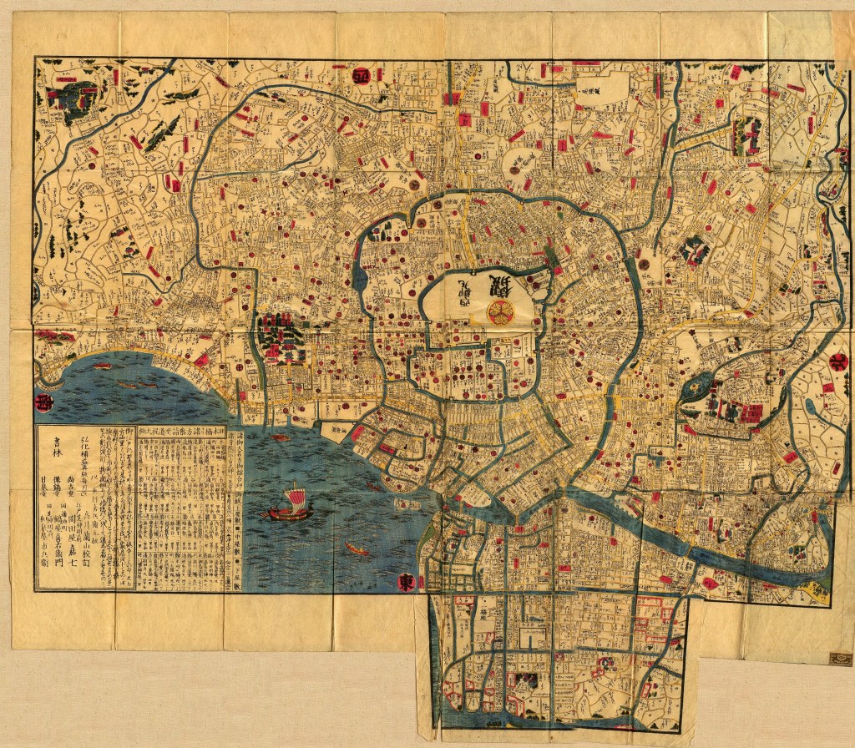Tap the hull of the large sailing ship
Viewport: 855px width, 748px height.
click(287, 515)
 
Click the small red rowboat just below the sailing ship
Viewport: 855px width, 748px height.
click(357, 549)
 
